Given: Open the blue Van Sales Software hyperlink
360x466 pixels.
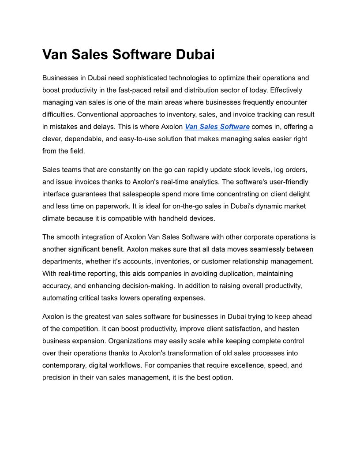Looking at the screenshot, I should point(217,127).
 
